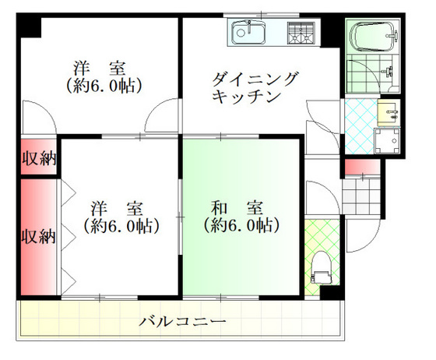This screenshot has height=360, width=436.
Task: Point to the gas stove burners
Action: click(x=302, y=34)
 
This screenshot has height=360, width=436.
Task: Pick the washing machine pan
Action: click(x=386, y=141)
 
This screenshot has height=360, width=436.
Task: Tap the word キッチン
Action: click(x=244, y=97)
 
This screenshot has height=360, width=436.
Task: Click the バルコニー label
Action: click(x=183, y=321)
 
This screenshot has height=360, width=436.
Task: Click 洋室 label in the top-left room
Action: click(x=101, y=67)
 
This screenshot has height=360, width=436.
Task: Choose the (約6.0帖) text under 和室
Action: click(x=241, y=227)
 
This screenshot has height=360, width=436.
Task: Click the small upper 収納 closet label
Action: click(x=37, y=159)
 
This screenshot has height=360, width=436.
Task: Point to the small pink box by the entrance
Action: click(x=361, y=166)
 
